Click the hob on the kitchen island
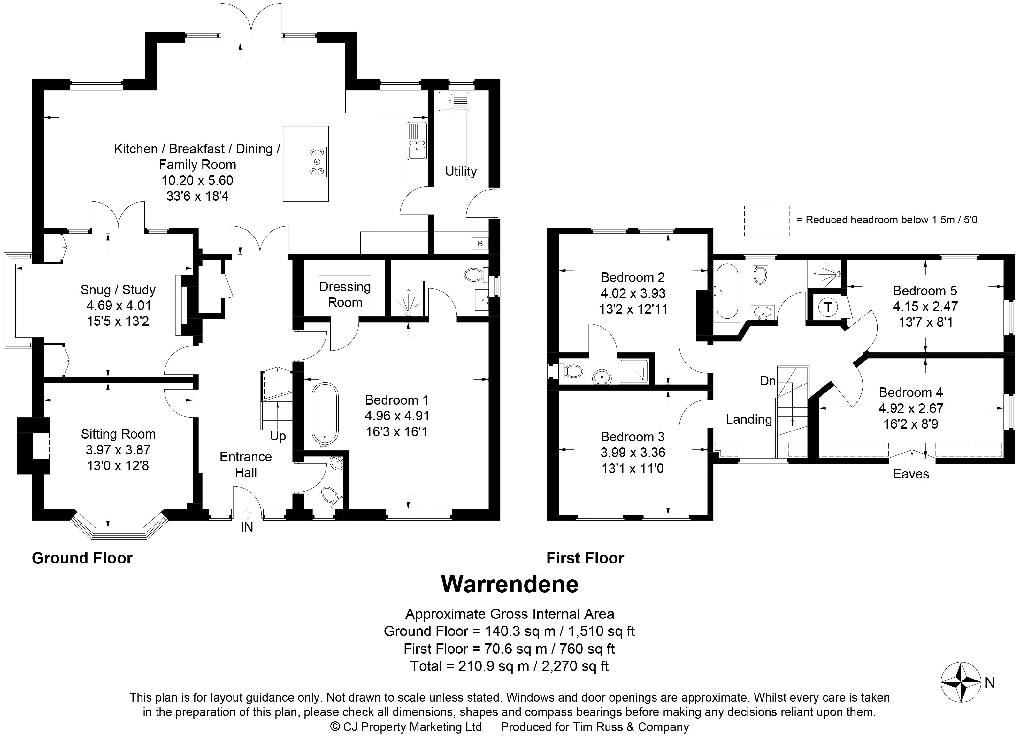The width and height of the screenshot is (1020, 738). (318, 162)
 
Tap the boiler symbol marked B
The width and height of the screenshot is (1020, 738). (480, 244)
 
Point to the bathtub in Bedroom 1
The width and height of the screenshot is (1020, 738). (325, 414)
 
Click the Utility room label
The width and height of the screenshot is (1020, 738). (461, 171)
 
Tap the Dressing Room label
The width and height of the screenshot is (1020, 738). (345, 294)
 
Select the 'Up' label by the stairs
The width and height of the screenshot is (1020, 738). (278, 436)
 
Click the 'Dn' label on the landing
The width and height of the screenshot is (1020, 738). (768, 381)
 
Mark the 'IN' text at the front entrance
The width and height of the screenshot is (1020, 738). (247, 527)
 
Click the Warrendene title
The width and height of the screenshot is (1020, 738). (510, 585)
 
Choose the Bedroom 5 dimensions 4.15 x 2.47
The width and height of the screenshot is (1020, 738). (925, 307)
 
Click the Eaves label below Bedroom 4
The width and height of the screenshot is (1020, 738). (911, 474)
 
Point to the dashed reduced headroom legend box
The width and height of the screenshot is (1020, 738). (767, 221)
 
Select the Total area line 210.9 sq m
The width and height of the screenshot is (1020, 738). (509, 666)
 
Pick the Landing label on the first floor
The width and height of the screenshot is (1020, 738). (748, 419)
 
